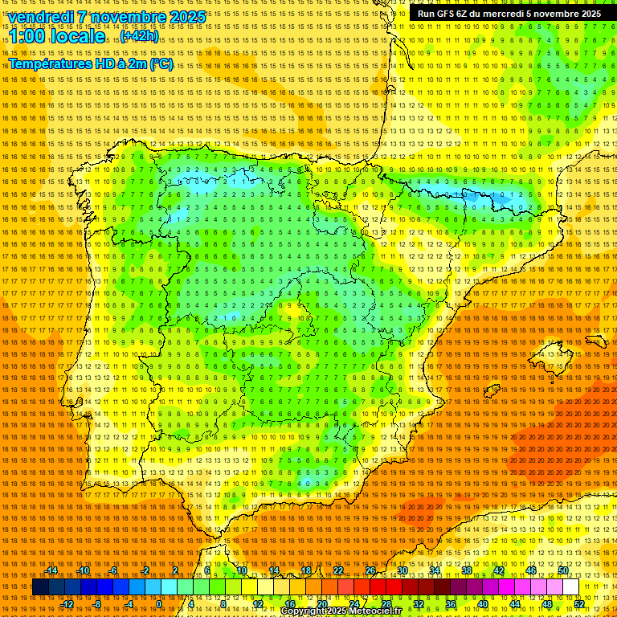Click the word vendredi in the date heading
coord(43,17)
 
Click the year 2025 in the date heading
coord(182,17)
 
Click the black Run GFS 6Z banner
coord(509,14)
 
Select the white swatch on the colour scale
coord(570,587)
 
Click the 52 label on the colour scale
coord(579,604)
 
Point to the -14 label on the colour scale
coord(51,570)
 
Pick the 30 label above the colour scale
coord(402,570)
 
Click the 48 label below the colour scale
coord(547,604)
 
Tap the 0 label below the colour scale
coord(159,604)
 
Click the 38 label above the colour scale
coord(466,570)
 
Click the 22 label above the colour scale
coord(337,570)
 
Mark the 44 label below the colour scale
coord(515,604)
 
